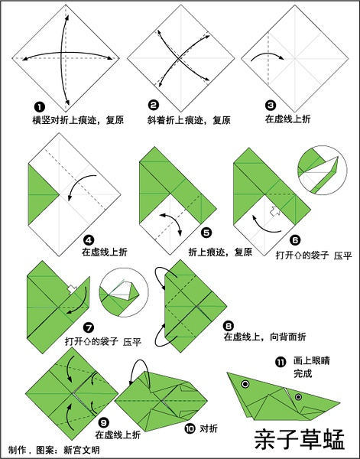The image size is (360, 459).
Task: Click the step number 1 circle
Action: coord(40,107)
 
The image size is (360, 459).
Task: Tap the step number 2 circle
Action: coord(154,105)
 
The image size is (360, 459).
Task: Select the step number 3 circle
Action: coord(271,106)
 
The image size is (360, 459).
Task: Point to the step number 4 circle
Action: coord(89,240)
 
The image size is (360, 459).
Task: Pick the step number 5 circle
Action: coord(206,233)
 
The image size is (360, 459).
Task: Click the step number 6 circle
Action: coord(295,241)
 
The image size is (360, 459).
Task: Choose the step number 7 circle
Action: coord(89,327)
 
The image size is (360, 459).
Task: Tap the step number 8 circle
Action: coord(228,326)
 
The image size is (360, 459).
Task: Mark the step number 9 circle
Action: coord(103,423)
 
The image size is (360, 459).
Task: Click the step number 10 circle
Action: coord(190,429)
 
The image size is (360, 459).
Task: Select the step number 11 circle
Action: coord(281,363)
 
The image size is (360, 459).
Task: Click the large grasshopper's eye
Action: coord(245,384)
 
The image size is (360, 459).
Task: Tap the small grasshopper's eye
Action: coord(298,397)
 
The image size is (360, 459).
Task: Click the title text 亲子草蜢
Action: coord(300,439)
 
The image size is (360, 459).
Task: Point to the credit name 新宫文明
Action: coord(82,450)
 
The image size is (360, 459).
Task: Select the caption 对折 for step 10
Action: coord(209,429)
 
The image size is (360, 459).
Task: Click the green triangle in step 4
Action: coord(44,194)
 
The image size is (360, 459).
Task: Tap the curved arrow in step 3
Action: coord(268,56)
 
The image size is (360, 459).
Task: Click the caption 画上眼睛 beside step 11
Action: coord(311,360)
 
